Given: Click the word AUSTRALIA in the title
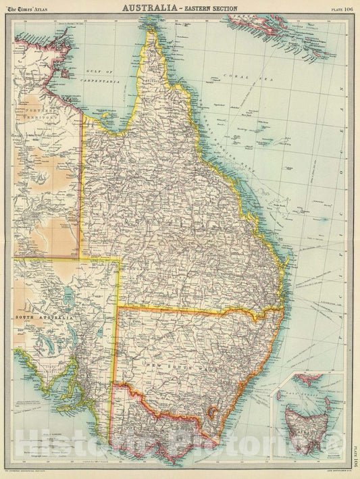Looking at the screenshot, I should pos(145,9).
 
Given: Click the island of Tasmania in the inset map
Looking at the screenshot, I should pos(307,426).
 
